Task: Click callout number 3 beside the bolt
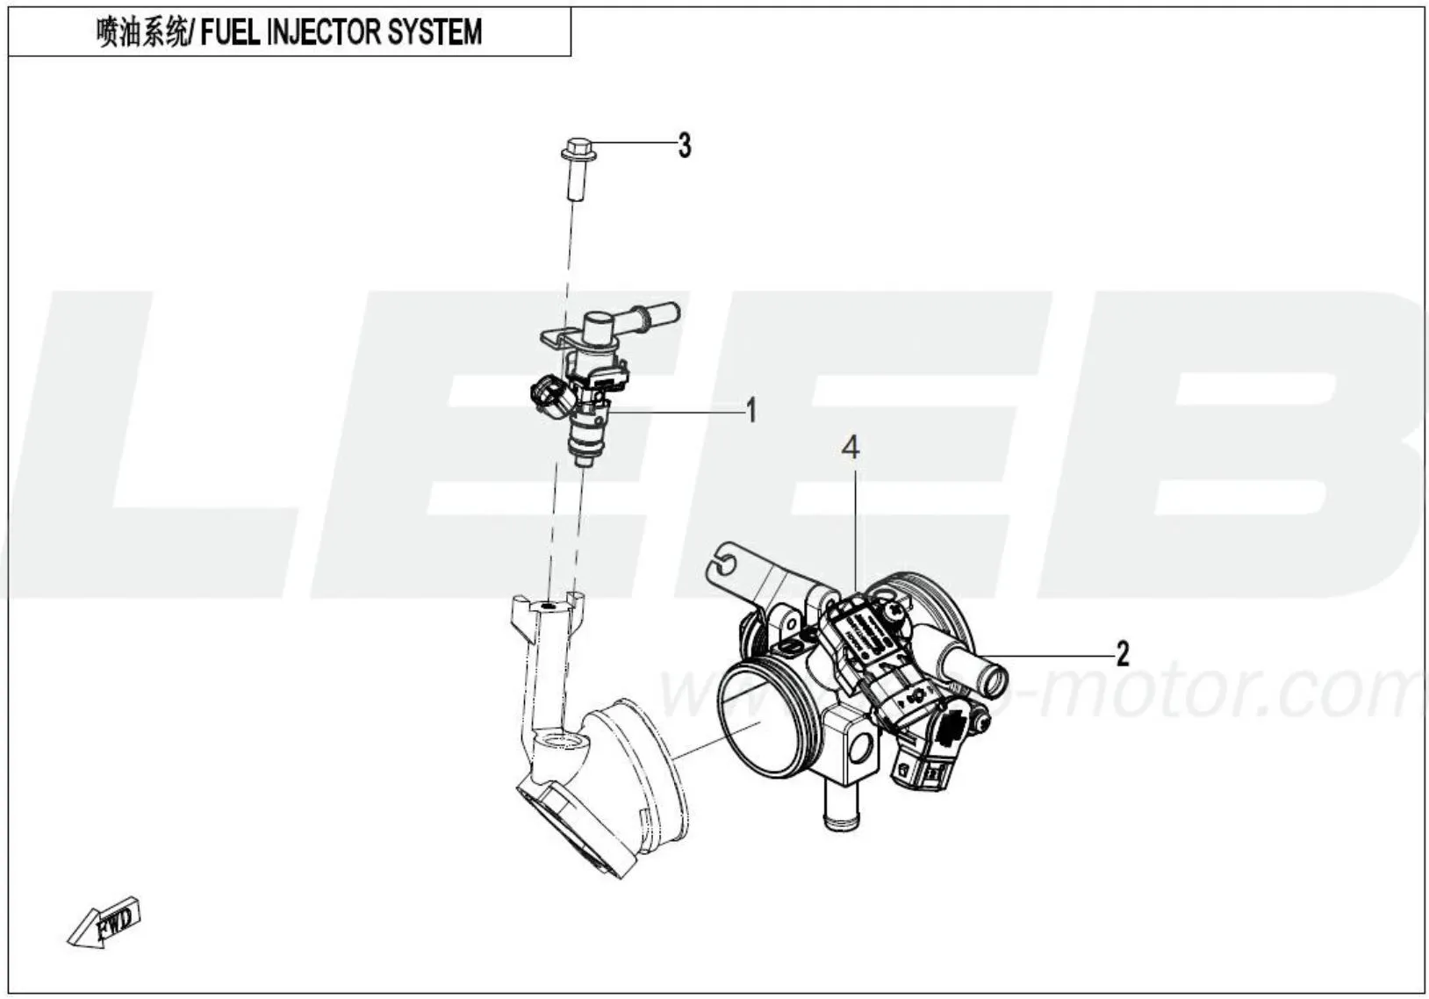coord(685,145)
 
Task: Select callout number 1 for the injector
coord(750,410)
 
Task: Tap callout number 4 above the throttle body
coord(851,449)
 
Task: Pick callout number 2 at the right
coord(1122,654)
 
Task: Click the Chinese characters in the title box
coord(140,32)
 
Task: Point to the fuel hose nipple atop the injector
coord(654,312)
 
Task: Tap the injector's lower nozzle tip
coord(579,458)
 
